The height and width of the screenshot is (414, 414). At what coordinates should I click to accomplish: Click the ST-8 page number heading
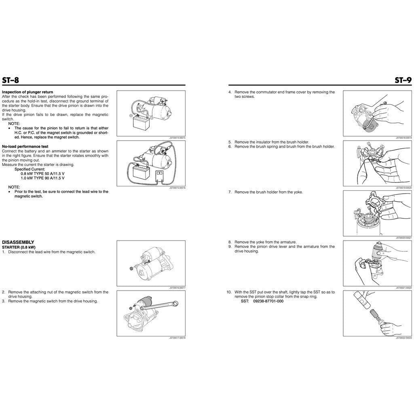point(11,80)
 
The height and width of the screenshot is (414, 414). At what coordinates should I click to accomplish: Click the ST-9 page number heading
point(403,80)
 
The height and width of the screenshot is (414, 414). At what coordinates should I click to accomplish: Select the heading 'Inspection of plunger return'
point(27,92)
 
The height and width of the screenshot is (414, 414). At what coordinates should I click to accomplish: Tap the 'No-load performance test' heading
point(25,146)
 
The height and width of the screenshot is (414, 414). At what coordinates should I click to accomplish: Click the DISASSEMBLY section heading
point(18,242)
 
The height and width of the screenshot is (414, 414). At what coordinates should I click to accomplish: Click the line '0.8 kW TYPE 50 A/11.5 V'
point(42,173)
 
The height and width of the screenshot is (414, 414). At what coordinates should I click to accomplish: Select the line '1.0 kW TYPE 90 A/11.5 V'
point(42,178)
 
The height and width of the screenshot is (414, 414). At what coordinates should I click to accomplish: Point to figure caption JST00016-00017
point(177,288)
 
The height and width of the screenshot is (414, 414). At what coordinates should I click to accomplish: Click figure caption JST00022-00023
point(404,338)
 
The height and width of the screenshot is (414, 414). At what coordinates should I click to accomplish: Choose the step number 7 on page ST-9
point(230,192)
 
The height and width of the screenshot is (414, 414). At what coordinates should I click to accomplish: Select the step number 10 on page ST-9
point(229,292)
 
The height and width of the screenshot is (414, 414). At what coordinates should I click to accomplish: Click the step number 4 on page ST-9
point(230,92)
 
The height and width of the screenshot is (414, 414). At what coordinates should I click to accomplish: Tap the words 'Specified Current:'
point(30,169)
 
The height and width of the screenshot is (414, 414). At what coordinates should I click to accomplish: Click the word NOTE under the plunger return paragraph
point(14,123)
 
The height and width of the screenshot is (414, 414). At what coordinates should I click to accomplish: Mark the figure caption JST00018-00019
point(404,138)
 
